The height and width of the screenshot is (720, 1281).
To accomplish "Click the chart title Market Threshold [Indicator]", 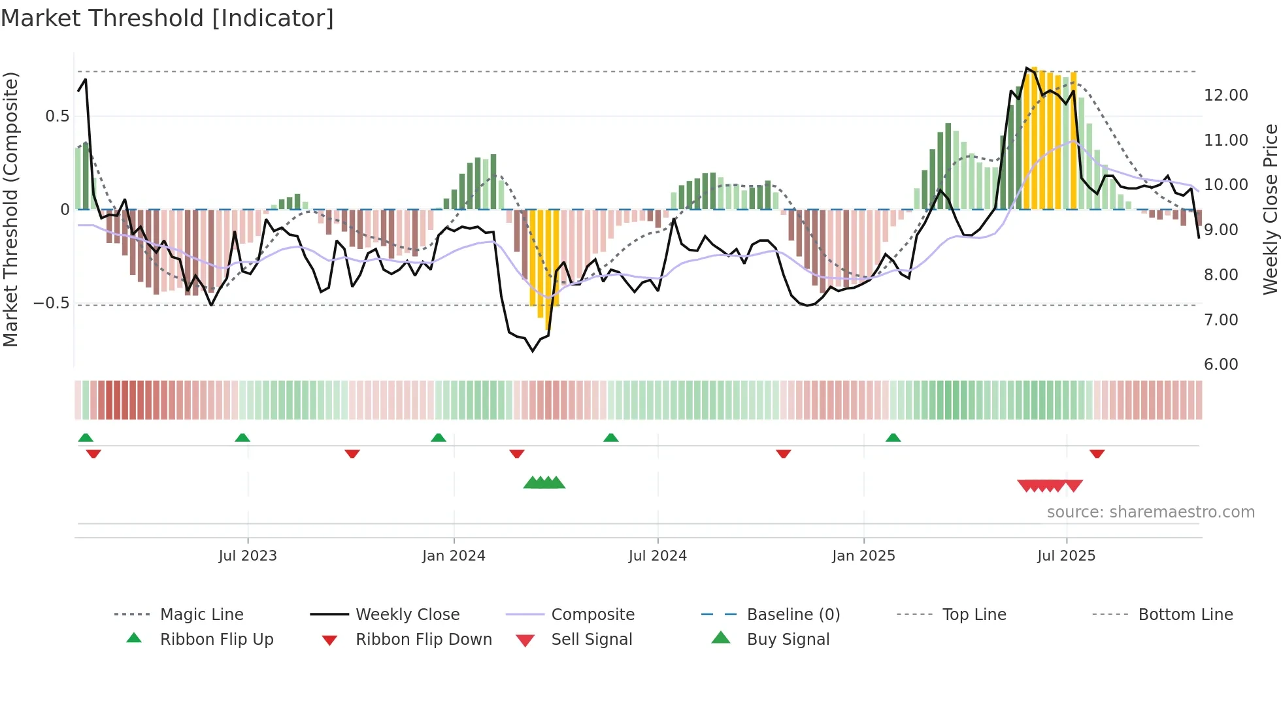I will [x=167, y=18].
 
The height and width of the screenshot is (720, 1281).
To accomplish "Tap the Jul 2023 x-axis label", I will [x=248, y=556].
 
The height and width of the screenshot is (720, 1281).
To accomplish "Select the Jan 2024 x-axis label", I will [x=454, y=556].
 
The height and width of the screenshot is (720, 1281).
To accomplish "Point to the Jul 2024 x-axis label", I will [x=657, y=556].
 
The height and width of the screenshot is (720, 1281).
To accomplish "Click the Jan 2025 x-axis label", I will [x=863, y=556].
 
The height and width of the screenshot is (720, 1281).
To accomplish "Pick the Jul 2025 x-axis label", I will [x=1066, y=556].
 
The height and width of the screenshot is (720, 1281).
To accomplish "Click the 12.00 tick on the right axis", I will [x=1225, y=95].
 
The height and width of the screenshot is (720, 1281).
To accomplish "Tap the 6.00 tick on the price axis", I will [x=1221, y=365].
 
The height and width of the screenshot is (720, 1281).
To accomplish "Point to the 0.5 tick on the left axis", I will [x=57, y=116].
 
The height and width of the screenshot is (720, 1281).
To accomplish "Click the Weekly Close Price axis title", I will [x=1270, y=209].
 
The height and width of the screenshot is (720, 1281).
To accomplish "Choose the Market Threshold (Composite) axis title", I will [x=10, y=209].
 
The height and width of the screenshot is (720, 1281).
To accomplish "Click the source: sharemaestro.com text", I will [x=1150, y=512].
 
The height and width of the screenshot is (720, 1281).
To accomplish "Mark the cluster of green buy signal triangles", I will [x=544, y=483].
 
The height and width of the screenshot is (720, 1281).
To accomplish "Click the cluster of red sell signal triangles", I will [x=1050, y=485].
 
